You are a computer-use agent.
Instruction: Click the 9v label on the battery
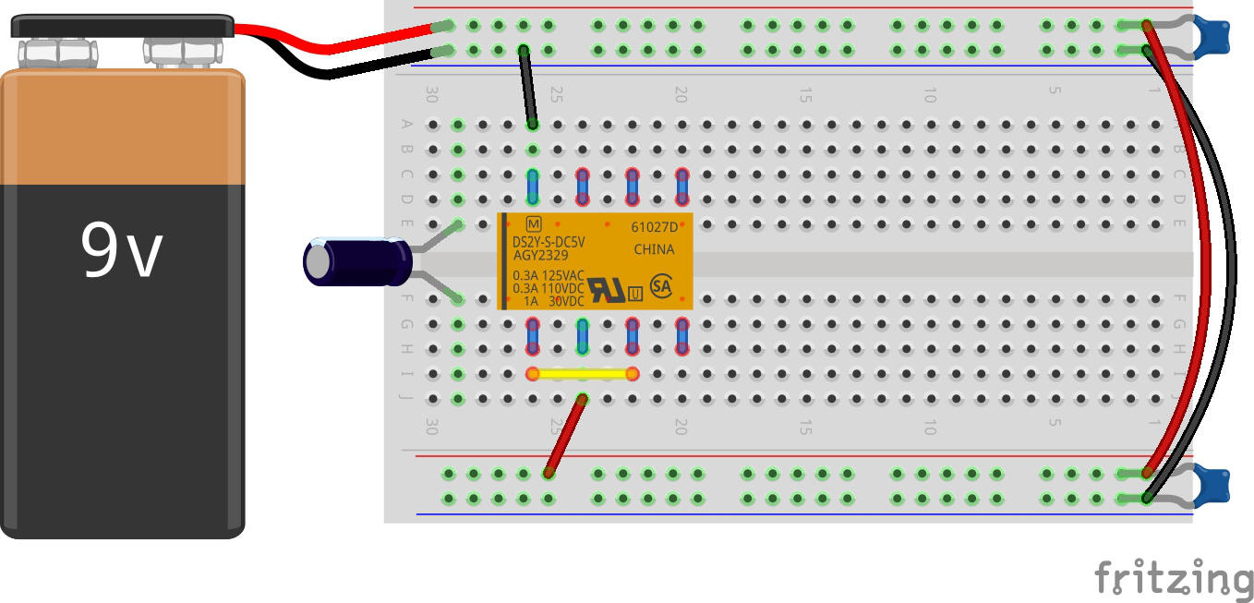122,250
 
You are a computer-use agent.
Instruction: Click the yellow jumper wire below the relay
582,374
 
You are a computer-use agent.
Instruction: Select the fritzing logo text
1174,578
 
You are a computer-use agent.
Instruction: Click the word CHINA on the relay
654,249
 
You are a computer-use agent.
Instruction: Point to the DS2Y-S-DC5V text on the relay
549,243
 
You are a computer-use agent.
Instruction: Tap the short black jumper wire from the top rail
527,87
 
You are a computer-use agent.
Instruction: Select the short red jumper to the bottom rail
565,436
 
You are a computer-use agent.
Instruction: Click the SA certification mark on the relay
661,285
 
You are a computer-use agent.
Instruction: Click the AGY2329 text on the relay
541,256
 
